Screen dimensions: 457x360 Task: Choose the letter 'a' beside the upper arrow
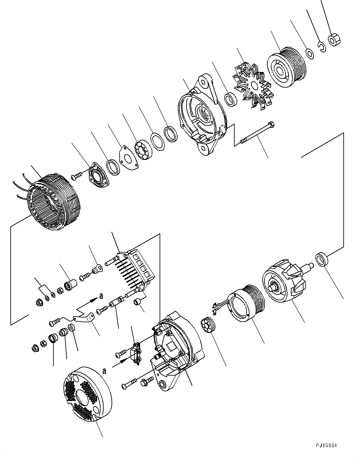click(x=101, y=296)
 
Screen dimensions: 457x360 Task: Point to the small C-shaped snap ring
click(x=321, y=47)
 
